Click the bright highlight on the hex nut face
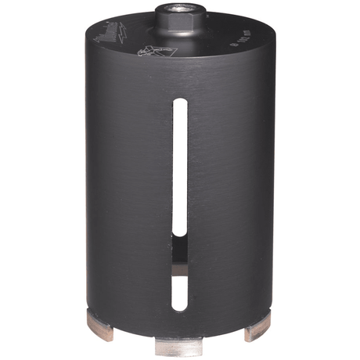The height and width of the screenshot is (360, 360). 174,16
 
